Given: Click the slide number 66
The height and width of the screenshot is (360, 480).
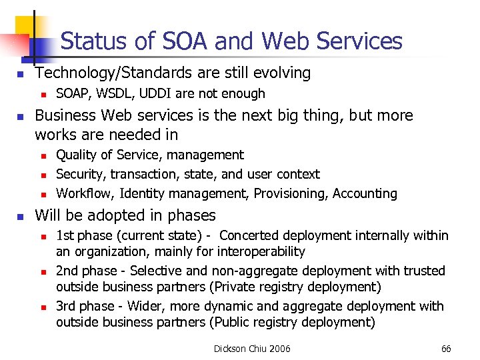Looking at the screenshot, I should [446, 349].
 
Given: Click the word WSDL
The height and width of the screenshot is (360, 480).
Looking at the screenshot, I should [109, 94].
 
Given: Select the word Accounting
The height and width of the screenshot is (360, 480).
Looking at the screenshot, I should [365, 194].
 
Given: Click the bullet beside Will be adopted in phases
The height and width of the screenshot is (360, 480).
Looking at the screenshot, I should [21, 216].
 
